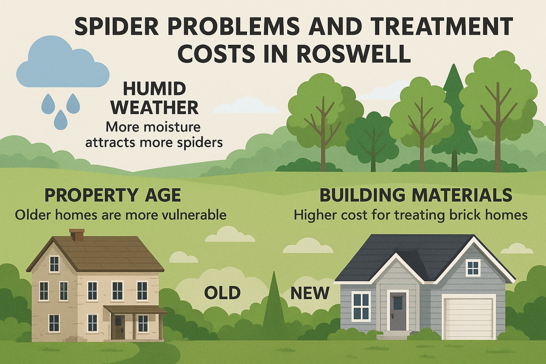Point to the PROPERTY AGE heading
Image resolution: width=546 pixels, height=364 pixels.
[112, 195]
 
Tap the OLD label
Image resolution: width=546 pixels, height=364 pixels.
[223, 293]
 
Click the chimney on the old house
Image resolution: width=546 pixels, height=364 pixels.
[75, 235]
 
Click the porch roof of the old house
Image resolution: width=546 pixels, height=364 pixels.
[135, 309]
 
